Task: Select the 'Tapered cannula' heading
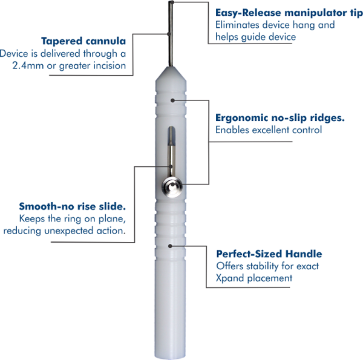pyautogui.click(x=83, y=41)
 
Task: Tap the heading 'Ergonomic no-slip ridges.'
pyautogui.click(x=280, y=117)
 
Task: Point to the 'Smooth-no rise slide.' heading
pyautogui.click(x=72, y=206)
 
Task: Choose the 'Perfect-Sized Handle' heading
pyautogui.click(x=269, y=254)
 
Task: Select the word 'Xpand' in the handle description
pyautogui.click(x=230, y=278)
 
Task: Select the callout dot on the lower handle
pyautogui.click(x=172, y=245)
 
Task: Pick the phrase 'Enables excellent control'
pyautogui.click(x=269, y=130)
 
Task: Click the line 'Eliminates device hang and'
pyautogui.click(x=275, y=25)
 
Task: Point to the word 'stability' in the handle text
pyautogui.click(x=262, y=266)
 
